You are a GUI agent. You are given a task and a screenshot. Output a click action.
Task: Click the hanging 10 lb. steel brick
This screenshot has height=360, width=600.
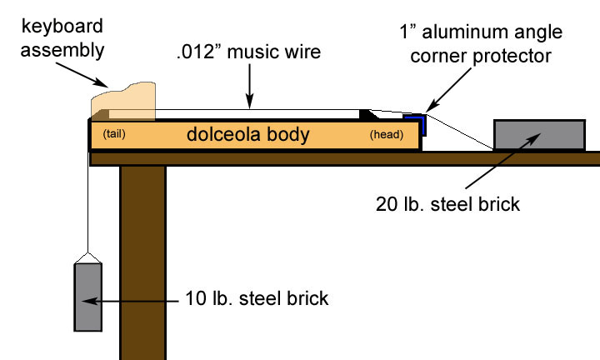point(87,296)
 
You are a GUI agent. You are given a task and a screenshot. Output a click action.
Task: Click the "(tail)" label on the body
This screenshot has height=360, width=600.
point(114,135)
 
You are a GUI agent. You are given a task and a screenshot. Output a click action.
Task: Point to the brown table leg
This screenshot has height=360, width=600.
point(142,258)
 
